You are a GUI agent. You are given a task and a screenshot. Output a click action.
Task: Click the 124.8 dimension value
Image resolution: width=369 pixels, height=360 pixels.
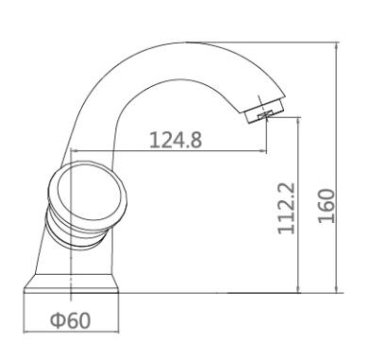176,140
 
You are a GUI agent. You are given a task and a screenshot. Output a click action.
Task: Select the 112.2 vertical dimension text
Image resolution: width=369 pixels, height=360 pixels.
287,208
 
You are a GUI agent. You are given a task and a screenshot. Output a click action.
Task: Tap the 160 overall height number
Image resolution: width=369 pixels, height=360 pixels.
326,206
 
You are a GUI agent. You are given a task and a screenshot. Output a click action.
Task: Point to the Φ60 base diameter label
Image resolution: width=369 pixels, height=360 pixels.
71,320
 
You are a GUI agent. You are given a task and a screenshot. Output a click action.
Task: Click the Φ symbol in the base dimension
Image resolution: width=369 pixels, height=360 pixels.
58,320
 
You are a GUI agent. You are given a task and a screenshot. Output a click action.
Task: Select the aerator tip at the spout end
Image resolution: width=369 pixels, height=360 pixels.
264,112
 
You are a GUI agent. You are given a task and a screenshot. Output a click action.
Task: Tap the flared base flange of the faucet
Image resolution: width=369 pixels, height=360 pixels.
72,283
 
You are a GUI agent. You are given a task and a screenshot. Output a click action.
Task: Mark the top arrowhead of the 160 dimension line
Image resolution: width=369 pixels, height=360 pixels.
337,46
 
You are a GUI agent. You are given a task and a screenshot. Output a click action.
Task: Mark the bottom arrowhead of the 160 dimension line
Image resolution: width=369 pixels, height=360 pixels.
337,289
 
